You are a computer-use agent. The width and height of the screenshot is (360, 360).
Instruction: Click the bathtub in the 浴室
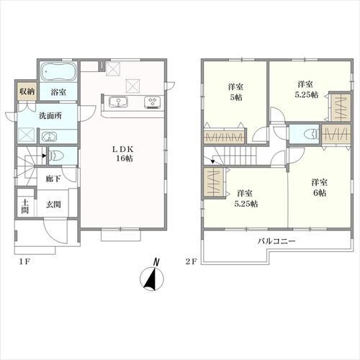click(58, 71)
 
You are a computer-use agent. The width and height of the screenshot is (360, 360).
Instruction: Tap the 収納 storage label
click(27, 91)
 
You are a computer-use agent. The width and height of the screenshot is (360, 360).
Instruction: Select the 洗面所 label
click(50, 116)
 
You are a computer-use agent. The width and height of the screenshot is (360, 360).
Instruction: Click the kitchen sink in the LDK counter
click(118, 102)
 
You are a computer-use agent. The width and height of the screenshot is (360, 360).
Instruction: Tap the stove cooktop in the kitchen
click(152, 102)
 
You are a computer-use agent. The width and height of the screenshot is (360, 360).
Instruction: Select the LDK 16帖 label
click(123, 154)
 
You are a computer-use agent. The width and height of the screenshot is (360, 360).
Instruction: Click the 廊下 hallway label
click(53, 179)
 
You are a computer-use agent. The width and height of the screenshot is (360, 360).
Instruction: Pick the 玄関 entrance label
click(53, 204)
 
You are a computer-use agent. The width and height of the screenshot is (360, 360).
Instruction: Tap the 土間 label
click(25, 206)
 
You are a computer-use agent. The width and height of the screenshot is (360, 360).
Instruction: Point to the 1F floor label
click(24, 261)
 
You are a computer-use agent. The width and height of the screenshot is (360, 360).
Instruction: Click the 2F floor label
click(191, 261)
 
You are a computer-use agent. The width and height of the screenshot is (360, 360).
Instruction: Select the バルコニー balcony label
click(276, 241)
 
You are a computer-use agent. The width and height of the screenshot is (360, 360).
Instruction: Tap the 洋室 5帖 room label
click(235, 92)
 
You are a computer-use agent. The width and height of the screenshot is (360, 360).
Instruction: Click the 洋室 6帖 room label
click(320, 187)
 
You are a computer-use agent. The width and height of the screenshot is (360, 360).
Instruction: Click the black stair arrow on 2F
click(212, 161)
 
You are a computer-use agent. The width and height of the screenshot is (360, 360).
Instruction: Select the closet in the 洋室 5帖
click(224, 138)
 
